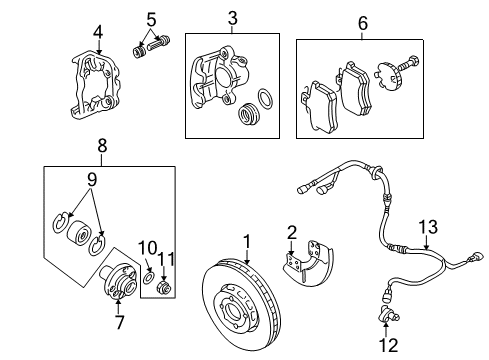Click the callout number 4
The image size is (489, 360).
pyautogui.click(x=98, y=33)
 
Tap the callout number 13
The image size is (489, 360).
pyautogui.click(x=428, y=227)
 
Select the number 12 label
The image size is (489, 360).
pyautogui.click(x=388, y=345)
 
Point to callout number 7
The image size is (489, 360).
pyautogui.click(x=119, y=322)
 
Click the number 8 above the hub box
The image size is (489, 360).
pyautogui.click(x=102, y=145)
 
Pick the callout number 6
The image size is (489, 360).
pyautogui.click(x=363, y=23)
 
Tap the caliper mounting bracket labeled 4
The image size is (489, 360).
pyautogui.click(x=96, y=85)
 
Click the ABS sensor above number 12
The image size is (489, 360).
pyautogui.click(x=388, y=312)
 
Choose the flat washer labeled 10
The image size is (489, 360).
pyautogui.click(x=148, y=277)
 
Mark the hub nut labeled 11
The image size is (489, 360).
pyautogui.click(x=164, y=287)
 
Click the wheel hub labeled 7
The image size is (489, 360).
pyautogui.click(x=119, y=279)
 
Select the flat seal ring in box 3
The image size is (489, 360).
pyautogui.click(x=266, y=99)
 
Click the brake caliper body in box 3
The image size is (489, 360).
pyautogui.click(x=219, y=77)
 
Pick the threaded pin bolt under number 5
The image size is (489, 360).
pyautogui.click(x=159, y=43)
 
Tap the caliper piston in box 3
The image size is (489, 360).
pyautogui.click(x=248, y=114)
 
